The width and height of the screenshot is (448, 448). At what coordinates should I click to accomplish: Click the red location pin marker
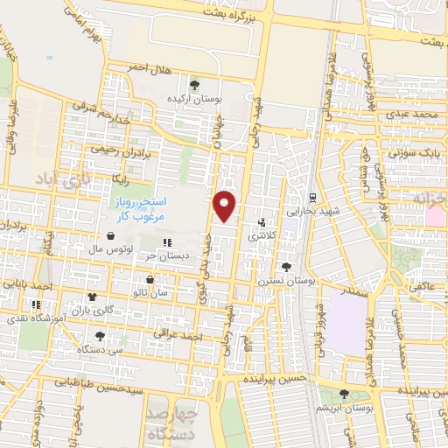coord(225,205)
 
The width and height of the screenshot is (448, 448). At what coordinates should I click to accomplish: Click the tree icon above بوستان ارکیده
coord(193,86)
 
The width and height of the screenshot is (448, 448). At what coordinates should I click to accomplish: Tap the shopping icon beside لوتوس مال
coord(110,235)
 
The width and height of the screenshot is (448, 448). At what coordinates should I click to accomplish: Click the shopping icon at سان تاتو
coord(150,279)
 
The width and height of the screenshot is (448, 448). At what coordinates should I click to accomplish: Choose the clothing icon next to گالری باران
coord(92,297)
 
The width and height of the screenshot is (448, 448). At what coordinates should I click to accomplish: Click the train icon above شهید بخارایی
coord(312,196)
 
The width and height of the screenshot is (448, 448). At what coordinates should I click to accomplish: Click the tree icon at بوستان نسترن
coord(286,266)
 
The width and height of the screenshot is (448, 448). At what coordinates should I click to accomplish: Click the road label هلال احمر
coord(145,66)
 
